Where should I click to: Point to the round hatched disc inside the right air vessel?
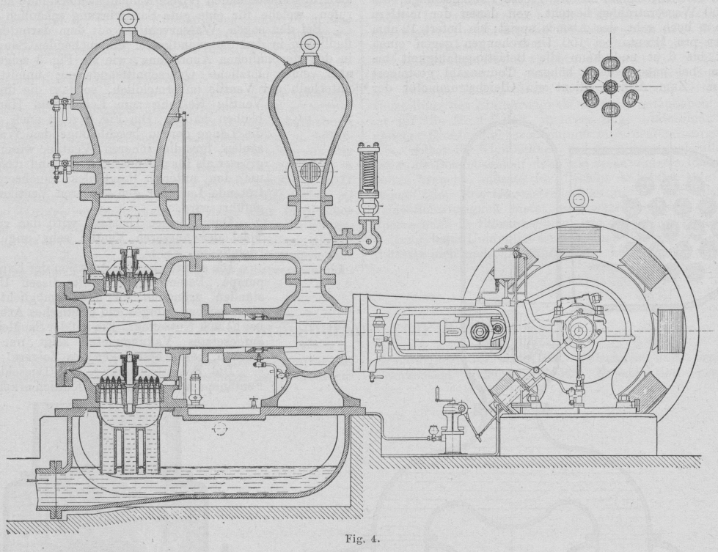(311, 174)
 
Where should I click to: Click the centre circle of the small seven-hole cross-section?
(610, 87)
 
